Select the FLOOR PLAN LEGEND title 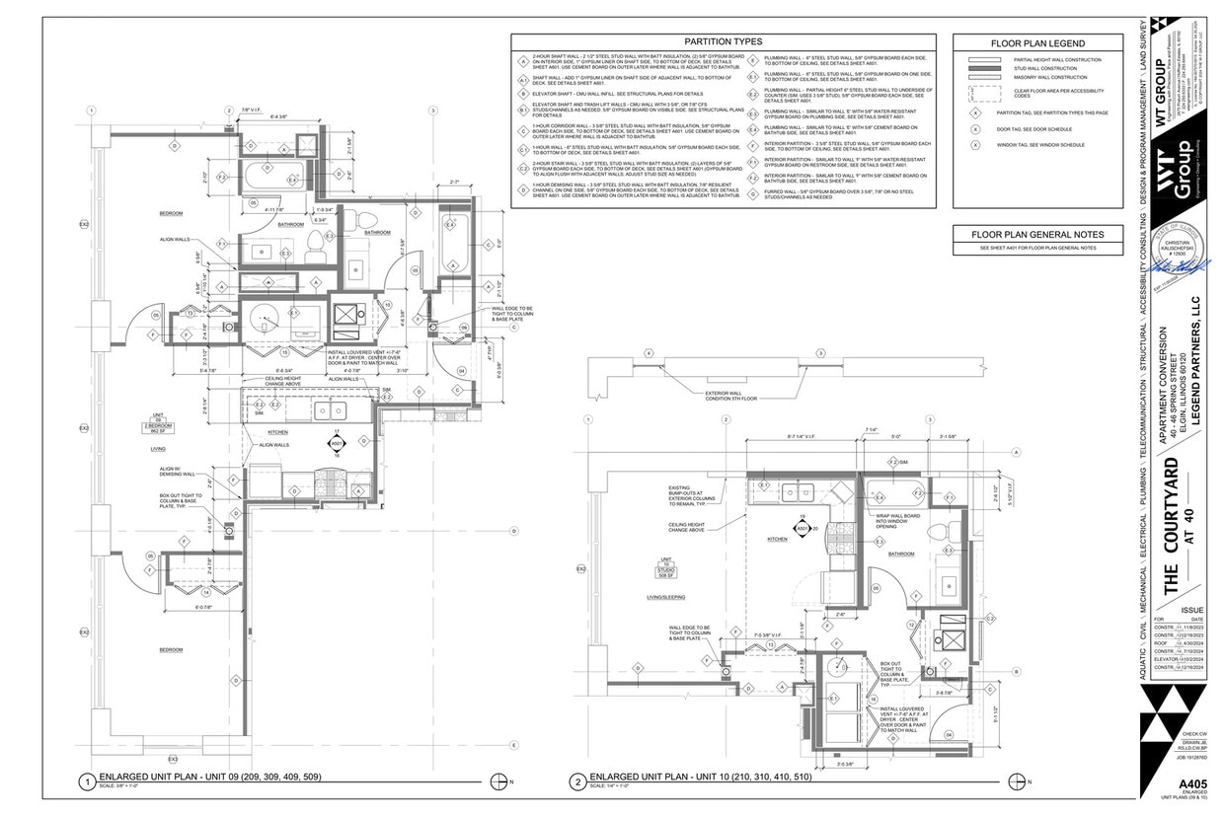[x=1037, y=43]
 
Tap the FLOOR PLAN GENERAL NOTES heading [x=1037, y=234]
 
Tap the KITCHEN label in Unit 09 [x=277, y=433]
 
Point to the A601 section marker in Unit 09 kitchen [x=337, y=445]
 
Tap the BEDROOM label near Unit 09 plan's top [x=173, y=212]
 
